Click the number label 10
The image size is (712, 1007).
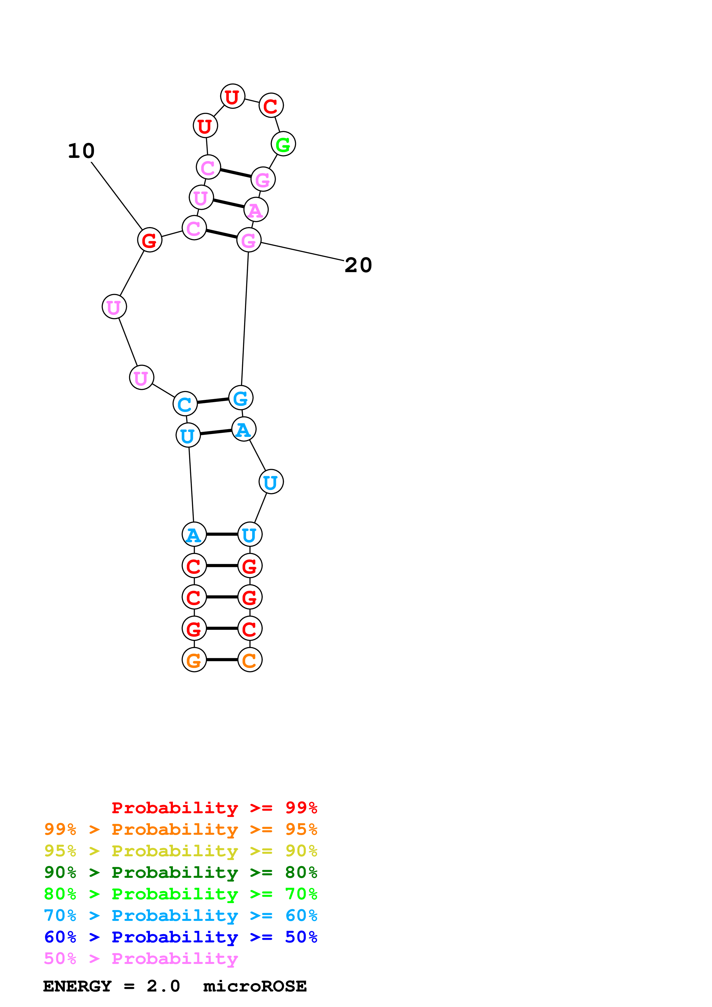[x=81, y=151]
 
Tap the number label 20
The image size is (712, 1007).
[x=358, y=265]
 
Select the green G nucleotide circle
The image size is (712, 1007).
[x=283, y=144]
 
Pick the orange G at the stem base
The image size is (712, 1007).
[x=194, y=660]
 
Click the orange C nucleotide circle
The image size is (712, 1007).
[x=250, y=660]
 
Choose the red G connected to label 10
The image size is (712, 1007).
[x=150, y=240]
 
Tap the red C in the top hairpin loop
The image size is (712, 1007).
[x=271, y=105]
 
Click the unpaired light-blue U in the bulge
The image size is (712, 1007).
[x=271, y=482]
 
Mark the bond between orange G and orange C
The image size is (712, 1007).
[x=222, y=660]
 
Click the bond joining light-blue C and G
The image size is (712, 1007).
[x=213, y=401]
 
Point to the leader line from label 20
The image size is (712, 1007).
[x=303, y=252]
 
